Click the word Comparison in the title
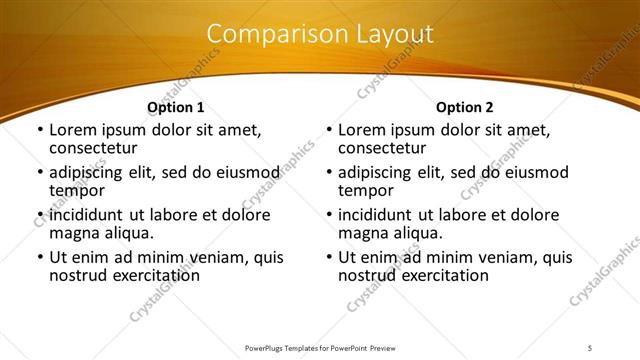(x=267, y=34)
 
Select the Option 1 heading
(x=175, y=107)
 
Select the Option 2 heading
(x=465, y=107)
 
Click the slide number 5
(x=590, y=347)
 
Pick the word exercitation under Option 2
(x=441, y=274)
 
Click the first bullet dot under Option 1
(x=39, y=131)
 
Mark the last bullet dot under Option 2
(x=328, y=258)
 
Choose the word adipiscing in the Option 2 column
(x=379, y=173)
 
